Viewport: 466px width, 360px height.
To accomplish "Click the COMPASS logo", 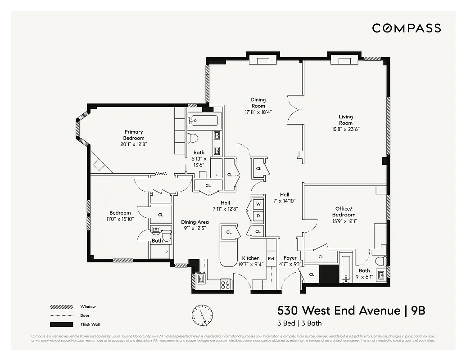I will coord(406,28).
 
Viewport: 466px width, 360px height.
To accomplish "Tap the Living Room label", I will coord(345,120).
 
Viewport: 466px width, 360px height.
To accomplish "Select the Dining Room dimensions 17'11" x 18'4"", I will coord(258,112).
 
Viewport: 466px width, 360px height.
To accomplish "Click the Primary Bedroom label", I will coord(134,135).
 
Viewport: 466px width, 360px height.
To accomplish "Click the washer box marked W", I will coord(258,204).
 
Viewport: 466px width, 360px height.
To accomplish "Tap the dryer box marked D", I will coord(258,216).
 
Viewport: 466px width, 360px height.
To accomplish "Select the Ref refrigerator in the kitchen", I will coord(271,258).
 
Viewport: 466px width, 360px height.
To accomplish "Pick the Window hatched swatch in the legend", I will coord(61,307).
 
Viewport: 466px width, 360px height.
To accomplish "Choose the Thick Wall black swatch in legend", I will coord(61,324).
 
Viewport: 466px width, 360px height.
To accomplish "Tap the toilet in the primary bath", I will coord(193,137).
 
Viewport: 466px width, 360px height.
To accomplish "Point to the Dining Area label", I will coord(195,222).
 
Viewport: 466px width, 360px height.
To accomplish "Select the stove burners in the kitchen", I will coord(225,283).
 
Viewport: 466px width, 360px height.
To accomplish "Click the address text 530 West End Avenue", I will coord(339,310).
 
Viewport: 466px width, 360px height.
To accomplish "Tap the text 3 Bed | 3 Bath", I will coord(299,323).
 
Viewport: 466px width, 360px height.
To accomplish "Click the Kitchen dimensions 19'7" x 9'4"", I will coord(250,264).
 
